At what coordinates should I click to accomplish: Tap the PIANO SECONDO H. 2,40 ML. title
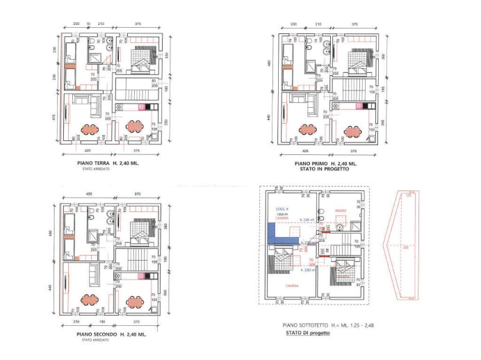pos(111,335)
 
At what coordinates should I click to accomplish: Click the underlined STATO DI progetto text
pos(307,333)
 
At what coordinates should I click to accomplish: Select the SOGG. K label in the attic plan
pos(282,209)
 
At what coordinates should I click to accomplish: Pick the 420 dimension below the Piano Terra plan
pos(88,149)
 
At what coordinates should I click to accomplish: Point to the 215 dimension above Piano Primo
pos(318,24)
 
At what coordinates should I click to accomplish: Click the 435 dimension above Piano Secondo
pos(88,193)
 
